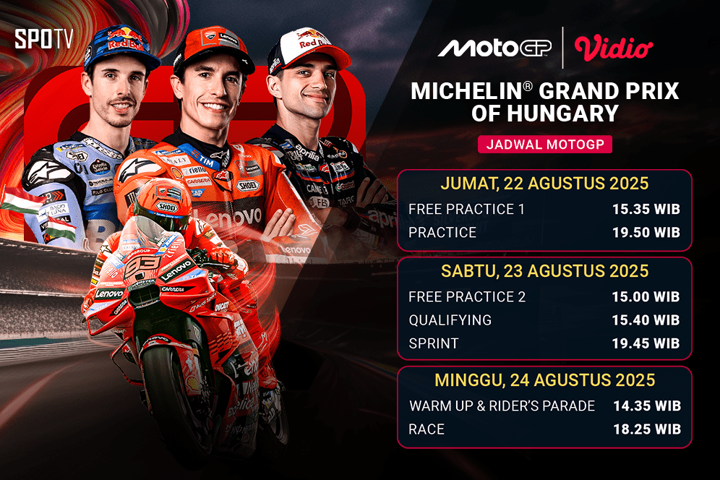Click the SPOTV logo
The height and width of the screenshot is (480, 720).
43,39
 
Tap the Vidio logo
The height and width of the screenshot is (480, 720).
614,48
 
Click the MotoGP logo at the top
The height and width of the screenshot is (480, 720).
495,48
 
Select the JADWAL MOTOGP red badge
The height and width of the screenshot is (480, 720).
544,144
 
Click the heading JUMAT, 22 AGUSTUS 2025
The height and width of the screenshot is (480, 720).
544,184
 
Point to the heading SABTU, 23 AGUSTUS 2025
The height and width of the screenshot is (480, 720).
544,272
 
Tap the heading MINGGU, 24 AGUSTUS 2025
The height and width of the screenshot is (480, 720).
544,380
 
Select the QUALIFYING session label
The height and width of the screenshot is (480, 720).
450,320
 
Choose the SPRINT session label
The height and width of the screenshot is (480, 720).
433,343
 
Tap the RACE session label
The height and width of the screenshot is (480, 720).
427,429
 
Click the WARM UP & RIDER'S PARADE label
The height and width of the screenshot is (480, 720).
502,406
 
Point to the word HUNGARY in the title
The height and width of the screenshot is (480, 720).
571,113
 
